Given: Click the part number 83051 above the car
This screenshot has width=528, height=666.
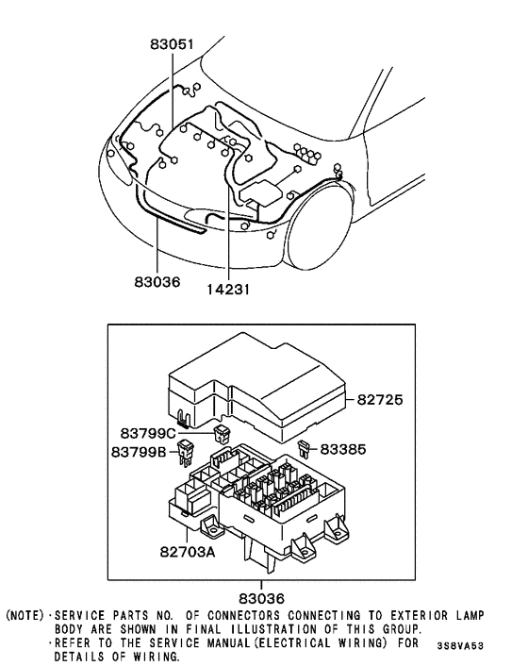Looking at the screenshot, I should point(173,44).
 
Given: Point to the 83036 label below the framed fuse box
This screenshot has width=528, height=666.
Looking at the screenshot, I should point(262,597).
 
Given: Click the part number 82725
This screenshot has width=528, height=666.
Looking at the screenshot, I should point(382,400).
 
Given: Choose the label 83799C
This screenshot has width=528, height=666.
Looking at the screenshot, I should point(148,433).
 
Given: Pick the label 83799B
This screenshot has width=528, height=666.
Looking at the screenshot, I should point(148,451).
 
